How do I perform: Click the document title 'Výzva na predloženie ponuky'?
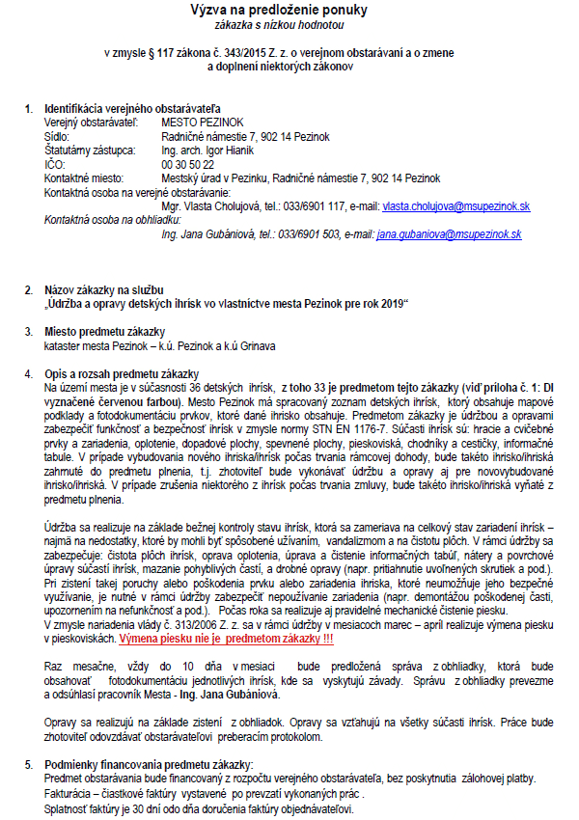click(x=289, y=10)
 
